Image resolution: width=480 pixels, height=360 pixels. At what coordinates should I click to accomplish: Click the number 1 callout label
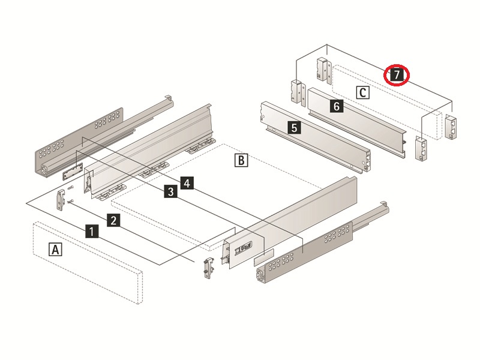[x=91, y=231]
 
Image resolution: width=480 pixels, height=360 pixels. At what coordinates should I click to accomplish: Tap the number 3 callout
[x=171, y=191]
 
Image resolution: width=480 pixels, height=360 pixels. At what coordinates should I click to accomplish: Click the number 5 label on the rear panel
[x=293, y=127]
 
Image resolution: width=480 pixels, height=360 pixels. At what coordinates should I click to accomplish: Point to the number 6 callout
[x=337, y=106]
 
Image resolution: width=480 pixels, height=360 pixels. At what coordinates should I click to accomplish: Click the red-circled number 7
[x=396, y=76]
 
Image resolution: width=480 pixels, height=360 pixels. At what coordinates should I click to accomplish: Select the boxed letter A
[x=55, y=249]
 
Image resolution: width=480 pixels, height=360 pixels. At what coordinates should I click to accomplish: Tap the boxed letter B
[x=240, y=160]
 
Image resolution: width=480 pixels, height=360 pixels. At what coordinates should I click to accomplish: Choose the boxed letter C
[x=362, y=92]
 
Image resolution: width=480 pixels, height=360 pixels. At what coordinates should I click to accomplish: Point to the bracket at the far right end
[x=451, y=127]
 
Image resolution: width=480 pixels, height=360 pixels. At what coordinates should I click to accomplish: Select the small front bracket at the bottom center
[x=208, y=267]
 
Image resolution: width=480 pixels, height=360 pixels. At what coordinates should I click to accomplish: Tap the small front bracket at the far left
[x=62, y=199]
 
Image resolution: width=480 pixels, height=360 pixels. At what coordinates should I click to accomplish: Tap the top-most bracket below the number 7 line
[x=323, y=71]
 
